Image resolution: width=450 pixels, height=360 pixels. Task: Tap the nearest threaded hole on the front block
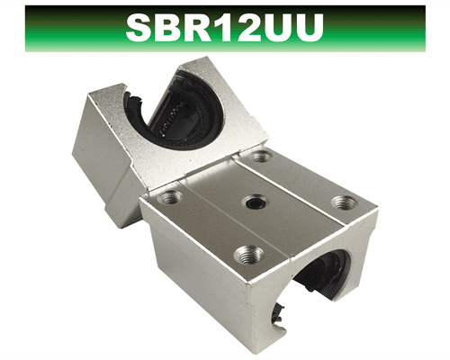244,255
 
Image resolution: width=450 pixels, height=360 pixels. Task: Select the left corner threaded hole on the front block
169,195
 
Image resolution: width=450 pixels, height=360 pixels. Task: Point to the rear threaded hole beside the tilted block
260,157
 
